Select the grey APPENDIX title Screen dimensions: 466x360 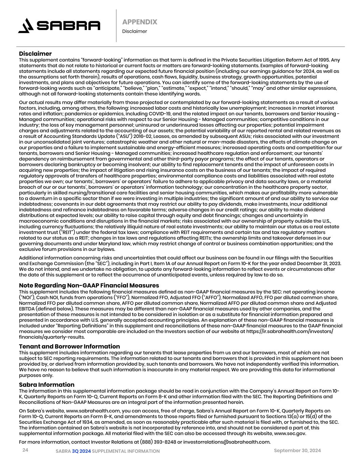coord(140,22)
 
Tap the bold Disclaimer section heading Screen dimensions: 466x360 coord(35,54)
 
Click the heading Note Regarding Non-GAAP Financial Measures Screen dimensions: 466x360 coord(89,285)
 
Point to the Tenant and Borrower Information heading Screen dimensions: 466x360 coord(69,347)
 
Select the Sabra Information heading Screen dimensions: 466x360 coord(46,385)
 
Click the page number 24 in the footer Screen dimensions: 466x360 coord(25,450)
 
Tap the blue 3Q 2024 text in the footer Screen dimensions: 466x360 coord(81,451)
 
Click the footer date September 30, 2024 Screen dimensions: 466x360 coord(297,451)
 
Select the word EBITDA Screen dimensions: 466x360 coord(27,309)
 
